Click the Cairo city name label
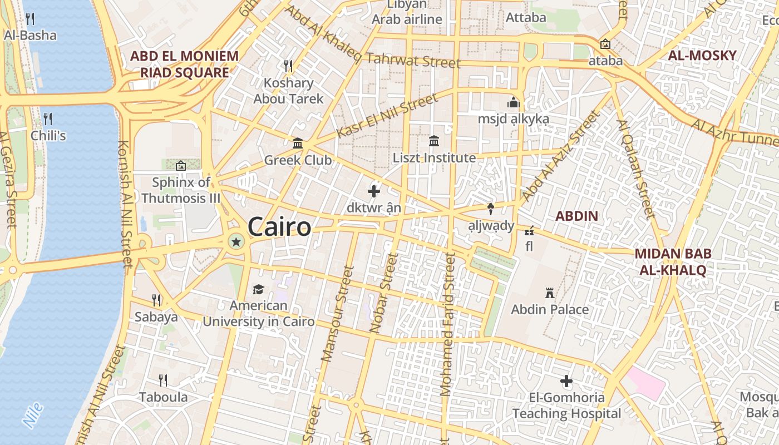point(279,227)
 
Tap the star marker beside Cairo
point(236,241)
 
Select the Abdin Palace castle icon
point(550,293)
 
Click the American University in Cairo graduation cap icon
point(258,289)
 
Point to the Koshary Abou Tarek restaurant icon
point(288,66)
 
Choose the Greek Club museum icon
point(298,144)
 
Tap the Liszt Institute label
point(434,158)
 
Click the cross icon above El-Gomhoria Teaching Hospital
point(566,381)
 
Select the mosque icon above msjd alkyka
point(513,103)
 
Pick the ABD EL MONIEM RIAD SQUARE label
point(184,64)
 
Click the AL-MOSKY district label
point(702,55)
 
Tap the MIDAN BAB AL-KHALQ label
point(673,262)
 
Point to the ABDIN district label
point(577,216)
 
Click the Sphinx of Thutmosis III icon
point(180,165)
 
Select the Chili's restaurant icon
point(48,119)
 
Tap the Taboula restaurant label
point(163,397)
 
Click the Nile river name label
point(33,415)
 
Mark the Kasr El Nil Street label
point(387,116)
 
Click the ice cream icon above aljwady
point(491,209)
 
